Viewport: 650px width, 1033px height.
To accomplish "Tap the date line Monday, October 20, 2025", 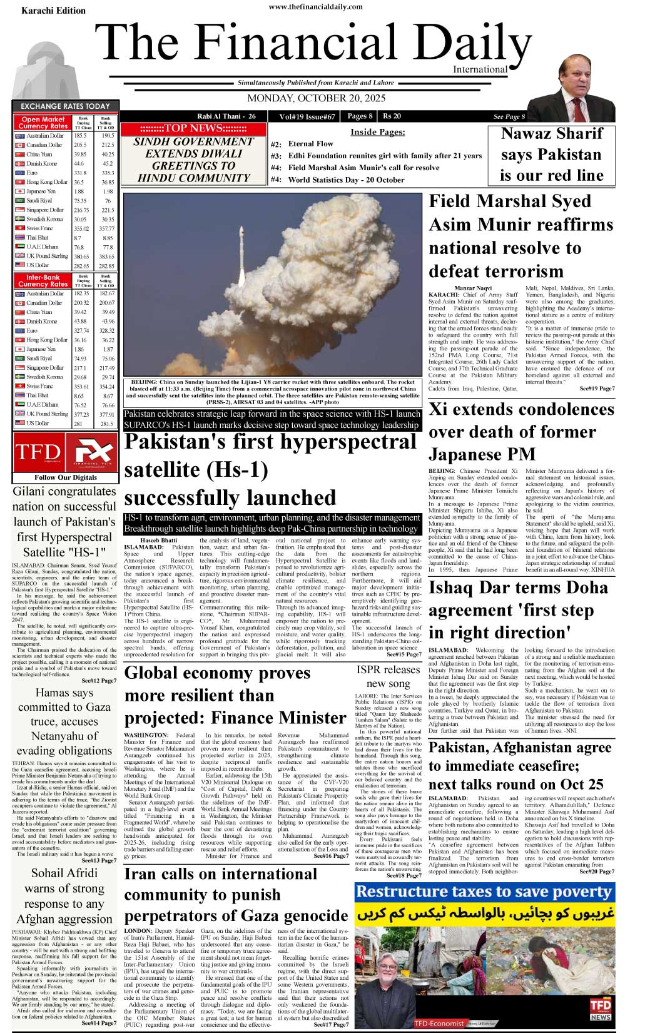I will (317, 98).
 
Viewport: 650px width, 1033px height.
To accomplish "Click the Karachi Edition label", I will (53, 11).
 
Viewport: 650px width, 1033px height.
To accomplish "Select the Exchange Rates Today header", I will (65, 106).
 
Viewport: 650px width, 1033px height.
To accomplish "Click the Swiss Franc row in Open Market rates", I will (40, 228).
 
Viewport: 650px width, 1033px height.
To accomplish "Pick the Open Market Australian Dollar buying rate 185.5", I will (80, 136).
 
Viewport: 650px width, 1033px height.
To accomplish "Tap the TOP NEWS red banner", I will (193, 128).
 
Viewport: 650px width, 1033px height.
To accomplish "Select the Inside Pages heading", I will (377, 132).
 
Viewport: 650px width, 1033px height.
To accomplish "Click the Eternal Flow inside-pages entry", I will (310, 144).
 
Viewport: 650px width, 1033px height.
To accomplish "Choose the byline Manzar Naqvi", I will (473, 287).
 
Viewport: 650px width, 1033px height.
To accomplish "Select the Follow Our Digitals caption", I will (66, 477).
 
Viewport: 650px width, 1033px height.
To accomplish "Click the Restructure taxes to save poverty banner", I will (484, 892).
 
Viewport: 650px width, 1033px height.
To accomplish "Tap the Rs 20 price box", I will (392, 116).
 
